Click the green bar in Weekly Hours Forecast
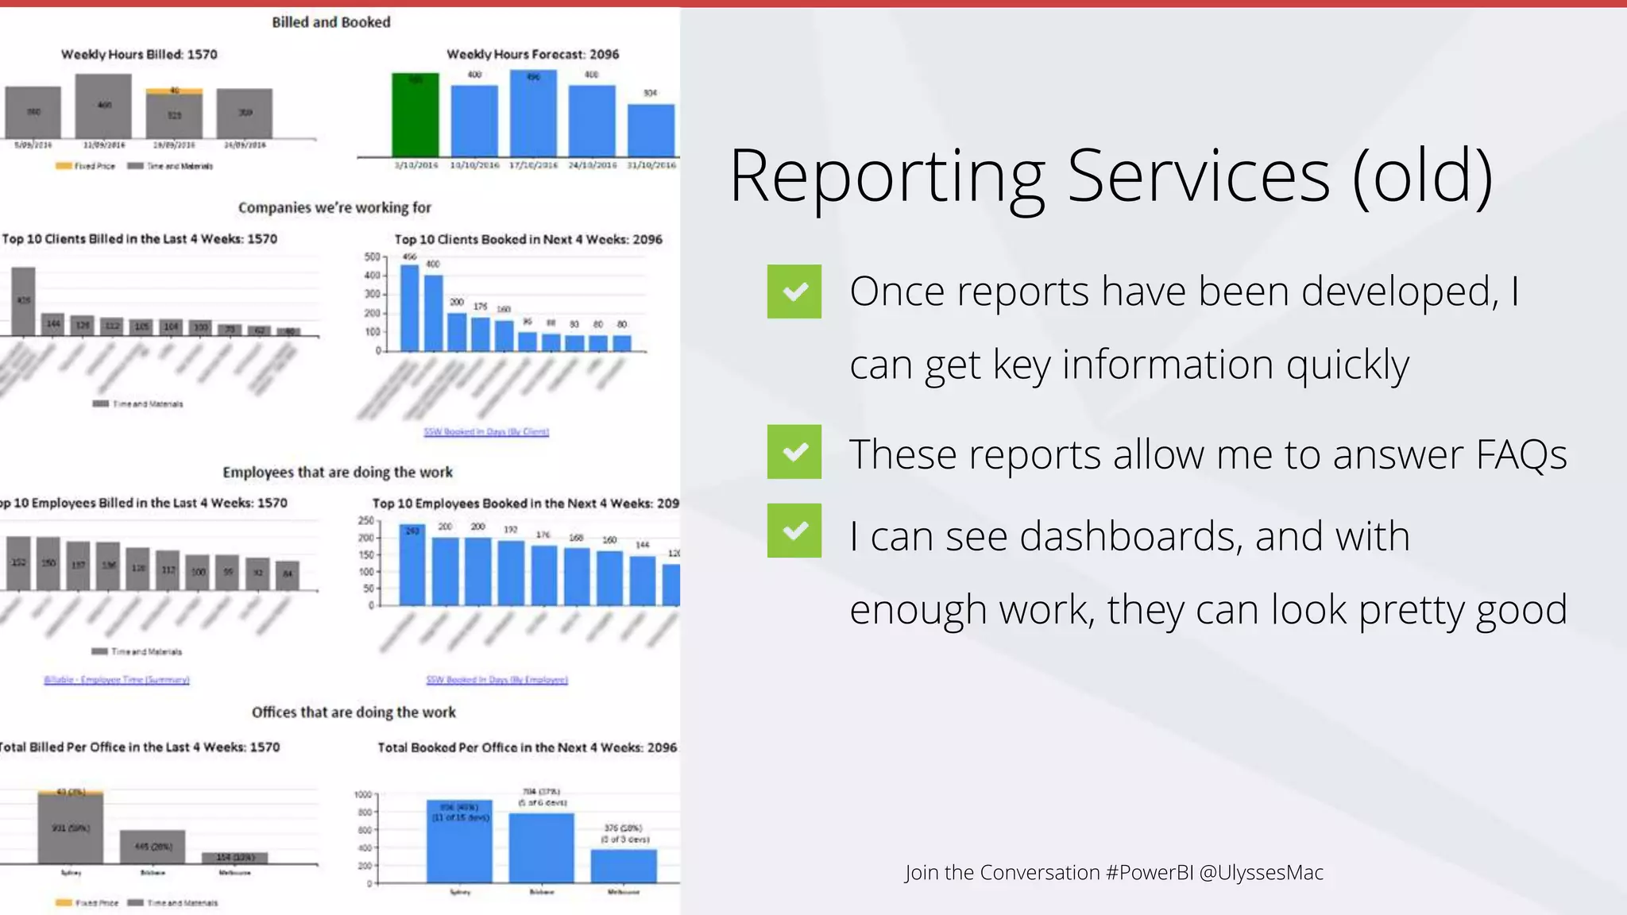click(415, 115)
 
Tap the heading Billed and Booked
click(331, 22)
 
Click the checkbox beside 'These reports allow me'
click(794, 452)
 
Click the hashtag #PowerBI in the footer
click(1149, 872)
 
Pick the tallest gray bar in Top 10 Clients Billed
click(23, 301)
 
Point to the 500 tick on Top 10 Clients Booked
click(372, 257)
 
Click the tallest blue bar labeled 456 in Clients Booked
click(409, 308)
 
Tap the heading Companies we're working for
click(334, 207)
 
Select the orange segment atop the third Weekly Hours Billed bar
click(174, 91)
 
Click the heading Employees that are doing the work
click(338, 472)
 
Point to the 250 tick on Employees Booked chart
click(365, 520)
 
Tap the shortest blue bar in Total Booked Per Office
click(624, 866)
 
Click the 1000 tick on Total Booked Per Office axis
click(362, 794)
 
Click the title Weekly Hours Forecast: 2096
click(532, 54)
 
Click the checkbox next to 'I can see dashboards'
click(794, 531)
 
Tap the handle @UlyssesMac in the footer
click(1261, 872)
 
